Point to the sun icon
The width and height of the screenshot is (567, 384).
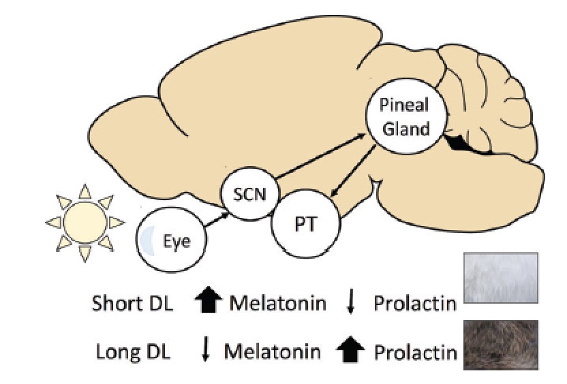(84, 222)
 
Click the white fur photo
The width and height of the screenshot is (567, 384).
(501, 279)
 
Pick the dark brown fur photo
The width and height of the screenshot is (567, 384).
(501, 345)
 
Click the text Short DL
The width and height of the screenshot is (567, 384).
(133, 303)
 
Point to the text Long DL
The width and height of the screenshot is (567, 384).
(132, 352)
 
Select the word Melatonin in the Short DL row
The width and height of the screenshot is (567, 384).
(276, 303)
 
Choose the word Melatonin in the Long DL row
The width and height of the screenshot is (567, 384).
(272, 352)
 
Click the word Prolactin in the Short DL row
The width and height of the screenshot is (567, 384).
(414, 303)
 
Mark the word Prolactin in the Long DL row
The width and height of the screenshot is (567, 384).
(414, 352)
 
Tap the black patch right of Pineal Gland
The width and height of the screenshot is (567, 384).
(464, 144)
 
